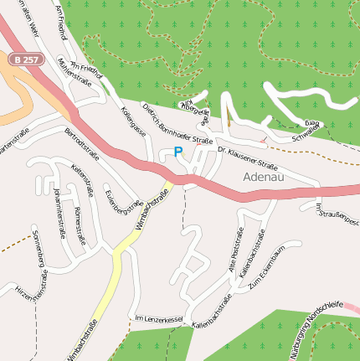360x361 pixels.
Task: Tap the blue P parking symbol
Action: pyautogui.click(x=177, y=152)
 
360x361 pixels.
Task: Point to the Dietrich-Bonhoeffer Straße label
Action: pyautogui.click(x=177, y=124)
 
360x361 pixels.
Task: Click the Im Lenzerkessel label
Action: pyautogui.click(x=159, y=319)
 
